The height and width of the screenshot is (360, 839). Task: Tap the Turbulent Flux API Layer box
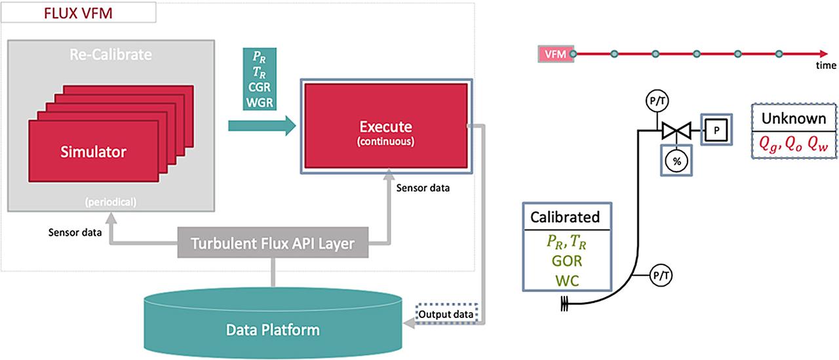tap(273, 244)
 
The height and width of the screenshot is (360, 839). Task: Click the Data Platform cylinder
tap(273, 329)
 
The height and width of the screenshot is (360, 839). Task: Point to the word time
tap(826, 66)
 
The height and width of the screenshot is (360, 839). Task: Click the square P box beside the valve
tap(717, 129)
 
